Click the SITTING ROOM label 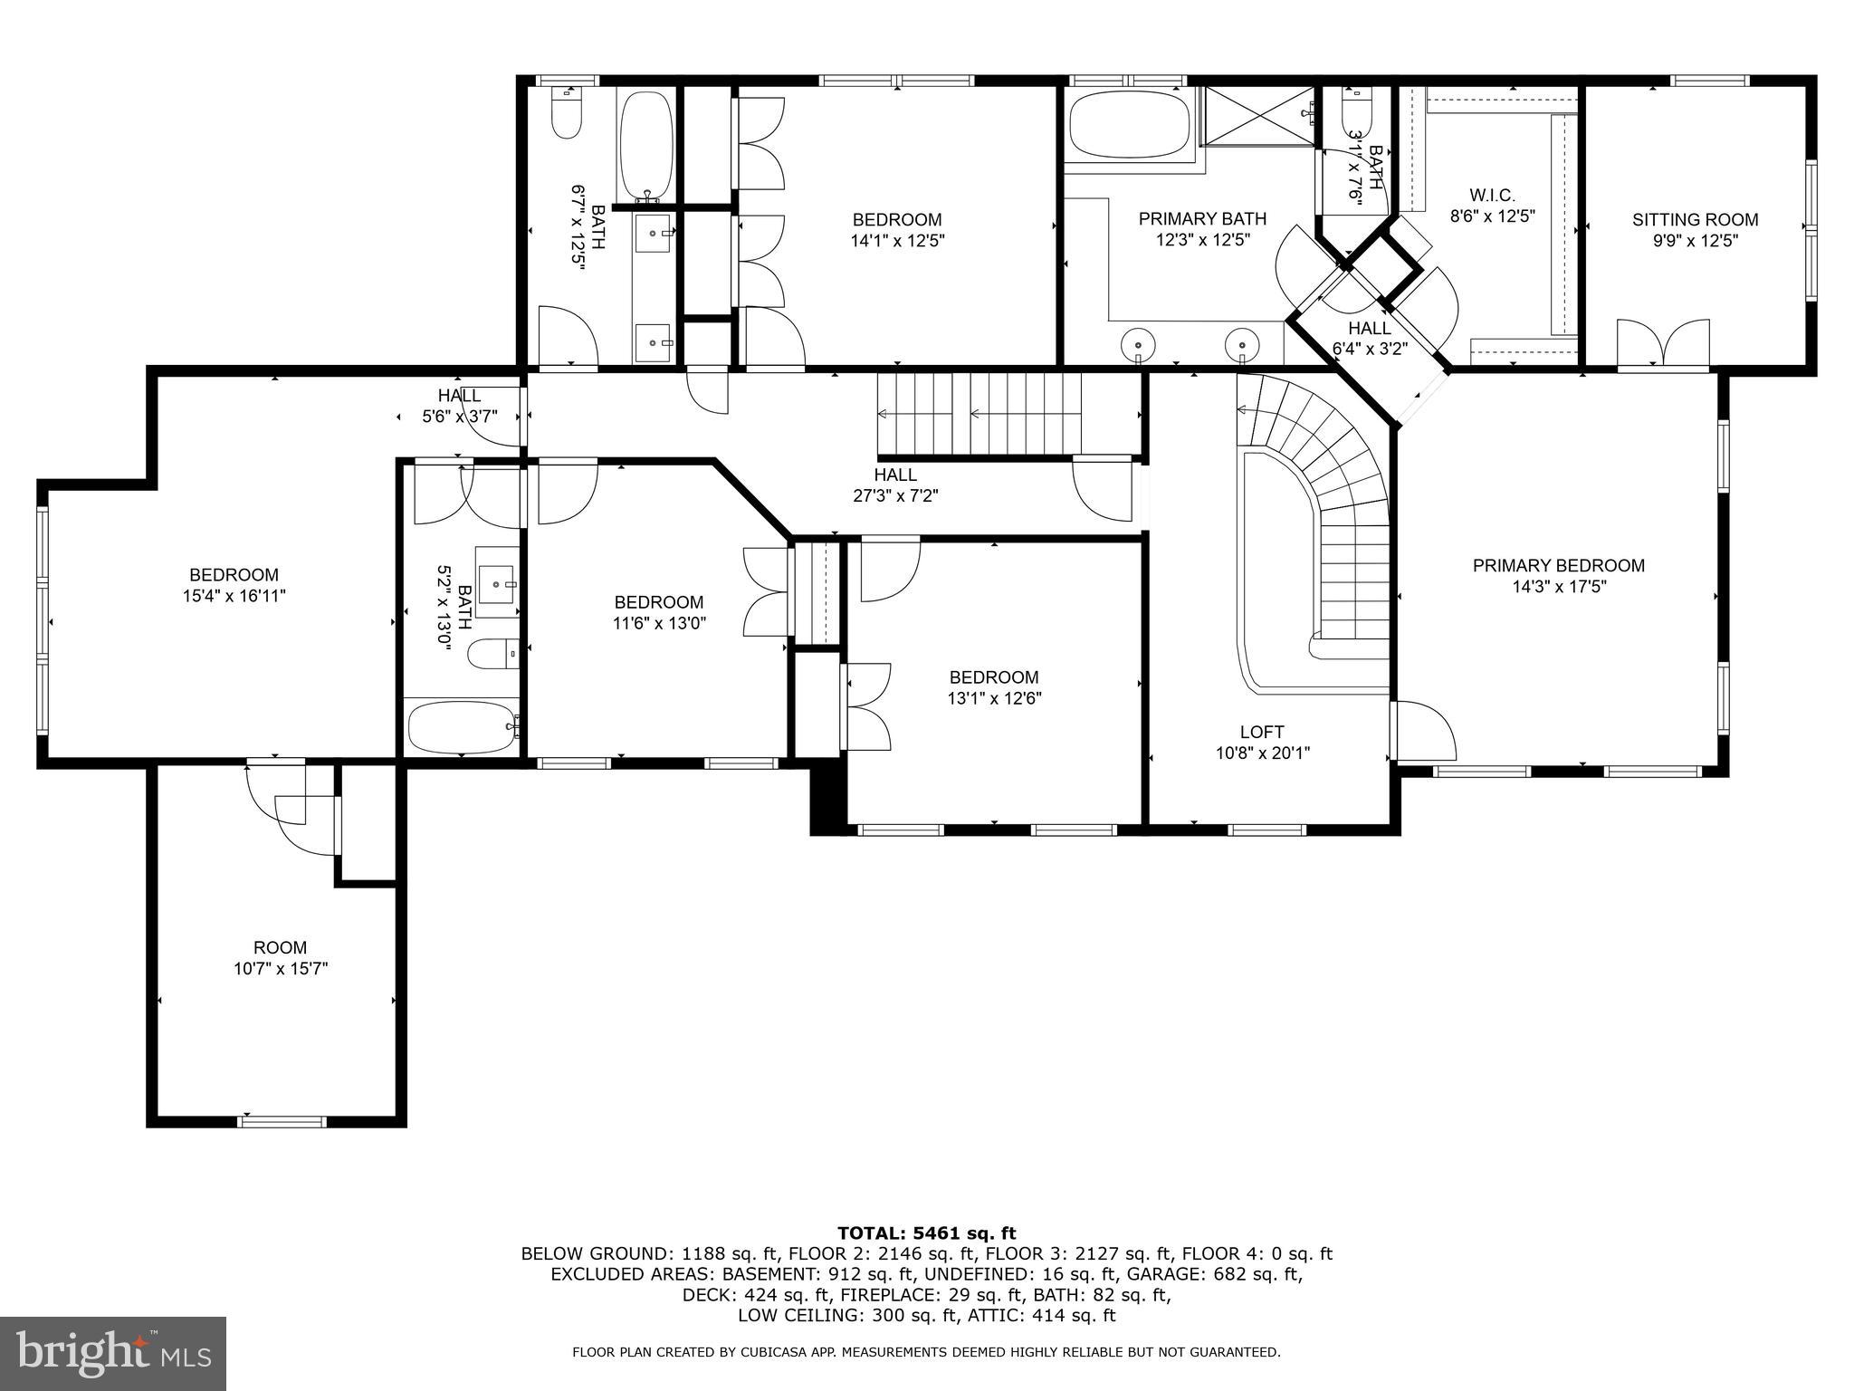(1695, 219)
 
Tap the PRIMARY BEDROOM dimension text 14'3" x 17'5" (1558, 587)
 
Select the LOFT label (1262, 732)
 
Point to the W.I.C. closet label (1492, 195)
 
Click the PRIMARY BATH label (1202, 218)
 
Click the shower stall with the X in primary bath (1257, 115)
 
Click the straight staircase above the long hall (980, 415)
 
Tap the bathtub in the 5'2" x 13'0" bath (462, 727)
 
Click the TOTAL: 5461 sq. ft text (926, 1233)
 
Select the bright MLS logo (113, 1354)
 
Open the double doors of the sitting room (1663, 344)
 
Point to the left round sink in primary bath (1137, 345)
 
